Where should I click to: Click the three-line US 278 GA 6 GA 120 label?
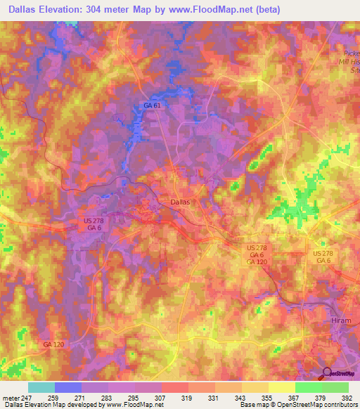tap(256, 254)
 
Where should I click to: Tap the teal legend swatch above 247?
tap(41, 387)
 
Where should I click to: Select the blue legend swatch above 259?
tap(68, 387)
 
